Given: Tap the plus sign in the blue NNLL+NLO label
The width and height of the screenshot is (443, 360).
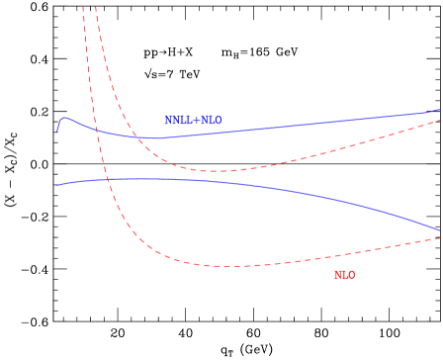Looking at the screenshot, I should point(198,120).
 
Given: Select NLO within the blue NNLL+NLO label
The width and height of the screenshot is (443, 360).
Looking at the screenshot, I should point(212,120).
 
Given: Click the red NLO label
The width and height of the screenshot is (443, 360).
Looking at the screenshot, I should point(344,275).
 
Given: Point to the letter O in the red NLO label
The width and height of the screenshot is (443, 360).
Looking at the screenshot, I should point(351,275).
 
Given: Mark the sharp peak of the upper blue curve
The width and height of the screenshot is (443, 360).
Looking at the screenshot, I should point(64,118).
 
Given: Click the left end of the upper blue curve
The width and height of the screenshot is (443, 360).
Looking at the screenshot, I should point(57,131).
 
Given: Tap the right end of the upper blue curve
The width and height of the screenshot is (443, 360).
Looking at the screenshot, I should point(441,110).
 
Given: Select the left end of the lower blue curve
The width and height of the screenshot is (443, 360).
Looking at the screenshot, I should point(57,185).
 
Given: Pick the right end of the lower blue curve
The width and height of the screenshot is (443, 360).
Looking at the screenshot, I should point(441,230).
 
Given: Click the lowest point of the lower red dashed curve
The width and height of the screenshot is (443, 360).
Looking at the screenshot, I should point(232,266).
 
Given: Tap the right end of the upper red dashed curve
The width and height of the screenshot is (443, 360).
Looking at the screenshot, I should point(441,121).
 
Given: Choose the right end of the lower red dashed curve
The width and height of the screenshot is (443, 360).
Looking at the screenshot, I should point(441,237).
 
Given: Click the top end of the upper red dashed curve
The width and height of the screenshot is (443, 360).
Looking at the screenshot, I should point(95,6).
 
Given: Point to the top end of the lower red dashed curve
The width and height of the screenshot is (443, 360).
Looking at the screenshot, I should point(83,6).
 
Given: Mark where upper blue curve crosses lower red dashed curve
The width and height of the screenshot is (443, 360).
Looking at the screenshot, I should point(97,130).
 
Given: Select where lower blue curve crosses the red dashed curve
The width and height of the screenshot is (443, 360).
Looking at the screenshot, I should point(107,179).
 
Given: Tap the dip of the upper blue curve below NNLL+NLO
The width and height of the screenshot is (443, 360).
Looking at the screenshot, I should point(156,138).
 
